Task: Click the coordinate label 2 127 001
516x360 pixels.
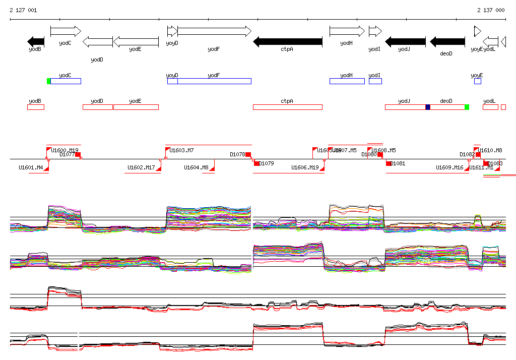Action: click(x=23, y=10)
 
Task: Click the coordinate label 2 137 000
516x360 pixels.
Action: click(x=491, y=10)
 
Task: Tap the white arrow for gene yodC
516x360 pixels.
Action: click(x=66, y=31)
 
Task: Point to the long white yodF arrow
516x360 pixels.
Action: click(x=214, y=31)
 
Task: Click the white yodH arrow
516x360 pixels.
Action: click(x=347, y=31)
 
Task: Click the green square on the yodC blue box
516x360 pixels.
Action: click(x=49, y=81)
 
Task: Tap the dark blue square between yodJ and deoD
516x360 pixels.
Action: click(x=428, y=107)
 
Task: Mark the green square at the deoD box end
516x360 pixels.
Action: click(x=467, y=107)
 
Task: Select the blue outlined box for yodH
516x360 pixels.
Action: click(x=347, y=81)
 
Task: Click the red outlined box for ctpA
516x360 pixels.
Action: click(x=287, y=107)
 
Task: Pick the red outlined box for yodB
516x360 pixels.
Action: click(x=36, y=107)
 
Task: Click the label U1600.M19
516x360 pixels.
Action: click(x=65, y=150)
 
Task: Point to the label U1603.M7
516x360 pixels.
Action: click(x=181, y=150)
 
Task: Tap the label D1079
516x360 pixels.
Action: click(x=267, y=163)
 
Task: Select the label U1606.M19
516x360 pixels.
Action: click(x=305, y=167)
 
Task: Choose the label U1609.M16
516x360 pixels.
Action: click(x=449, y=167)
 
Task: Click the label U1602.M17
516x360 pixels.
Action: click(x=141, y=167)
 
